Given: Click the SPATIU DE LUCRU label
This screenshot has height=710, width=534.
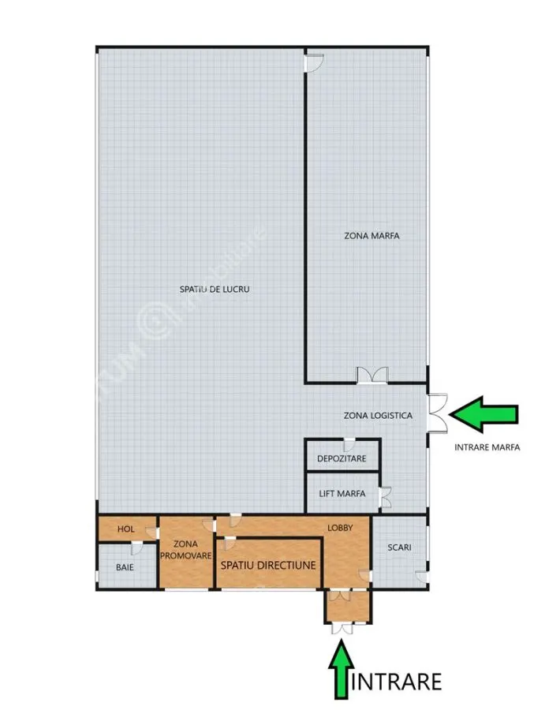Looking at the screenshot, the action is point(215,289).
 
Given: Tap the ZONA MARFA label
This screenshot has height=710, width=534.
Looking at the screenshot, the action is point(372,235).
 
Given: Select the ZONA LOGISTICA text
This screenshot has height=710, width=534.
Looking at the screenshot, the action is point(378,415).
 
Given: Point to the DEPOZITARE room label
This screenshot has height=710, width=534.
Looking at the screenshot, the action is point(342,458).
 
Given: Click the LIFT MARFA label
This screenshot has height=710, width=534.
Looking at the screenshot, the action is point(342,494).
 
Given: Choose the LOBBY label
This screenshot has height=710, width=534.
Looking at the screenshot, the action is point(340,528).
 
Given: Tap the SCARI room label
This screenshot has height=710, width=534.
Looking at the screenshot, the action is point(399,547).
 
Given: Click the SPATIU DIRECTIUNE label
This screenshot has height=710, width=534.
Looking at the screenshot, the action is point(268,565).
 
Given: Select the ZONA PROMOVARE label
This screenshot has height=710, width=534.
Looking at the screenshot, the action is point(185,549).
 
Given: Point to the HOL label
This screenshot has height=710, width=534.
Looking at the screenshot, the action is point(126,529).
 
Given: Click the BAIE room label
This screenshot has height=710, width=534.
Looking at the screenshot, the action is point(125,567).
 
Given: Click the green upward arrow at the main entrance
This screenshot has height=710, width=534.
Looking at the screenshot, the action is point(342,669).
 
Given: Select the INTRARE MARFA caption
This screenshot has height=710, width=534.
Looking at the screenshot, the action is point(487,447).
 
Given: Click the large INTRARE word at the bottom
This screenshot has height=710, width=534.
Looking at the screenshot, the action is point(396,682).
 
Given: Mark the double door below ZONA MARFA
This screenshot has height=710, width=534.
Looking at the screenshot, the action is point(372,376).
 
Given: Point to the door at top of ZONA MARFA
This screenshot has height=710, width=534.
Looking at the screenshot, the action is point(315,62).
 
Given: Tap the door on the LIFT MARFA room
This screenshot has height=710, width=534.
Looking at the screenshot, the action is point(385,497).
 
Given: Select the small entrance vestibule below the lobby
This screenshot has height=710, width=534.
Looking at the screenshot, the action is point(348,607).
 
